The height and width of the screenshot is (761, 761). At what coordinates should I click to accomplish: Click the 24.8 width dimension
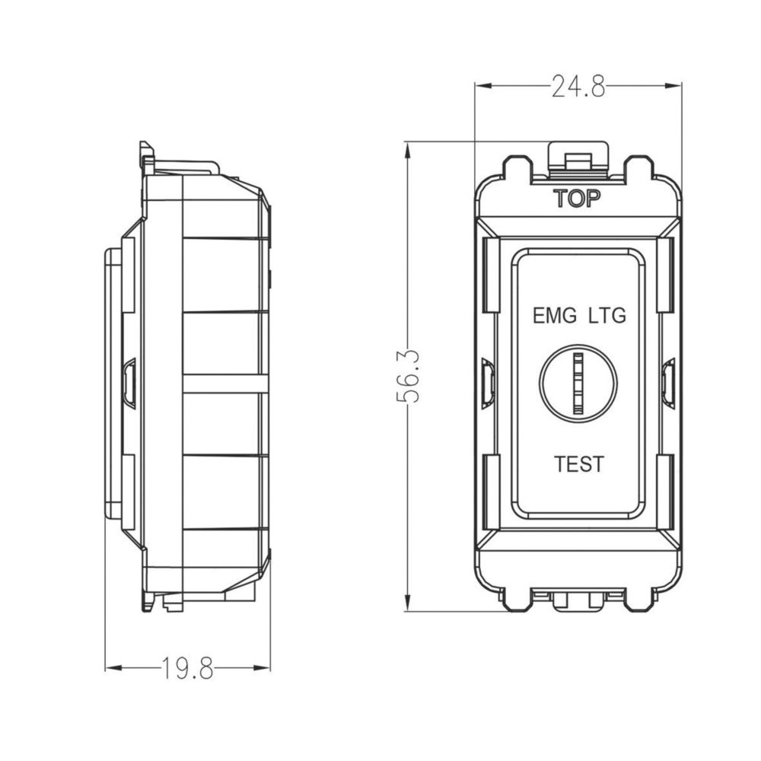tap(578, 88)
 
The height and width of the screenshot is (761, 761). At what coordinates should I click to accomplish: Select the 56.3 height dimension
tap(408, 377)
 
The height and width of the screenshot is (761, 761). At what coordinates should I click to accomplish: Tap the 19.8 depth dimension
tap(187, 668)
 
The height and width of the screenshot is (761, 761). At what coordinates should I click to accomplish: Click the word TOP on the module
tap(577, 199)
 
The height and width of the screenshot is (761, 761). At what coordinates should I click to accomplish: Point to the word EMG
tap(555, 316)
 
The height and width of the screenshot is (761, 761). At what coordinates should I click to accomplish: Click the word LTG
tap(607, 316)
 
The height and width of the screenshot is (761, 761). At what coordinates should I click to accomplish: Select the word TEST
tap(579, 464)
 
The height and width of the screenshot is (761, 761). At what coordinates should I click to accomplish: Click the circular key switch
tap(578, 383)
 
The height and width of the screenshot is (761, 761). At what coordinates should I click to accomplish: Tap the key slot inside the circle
tap(578, 383)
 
